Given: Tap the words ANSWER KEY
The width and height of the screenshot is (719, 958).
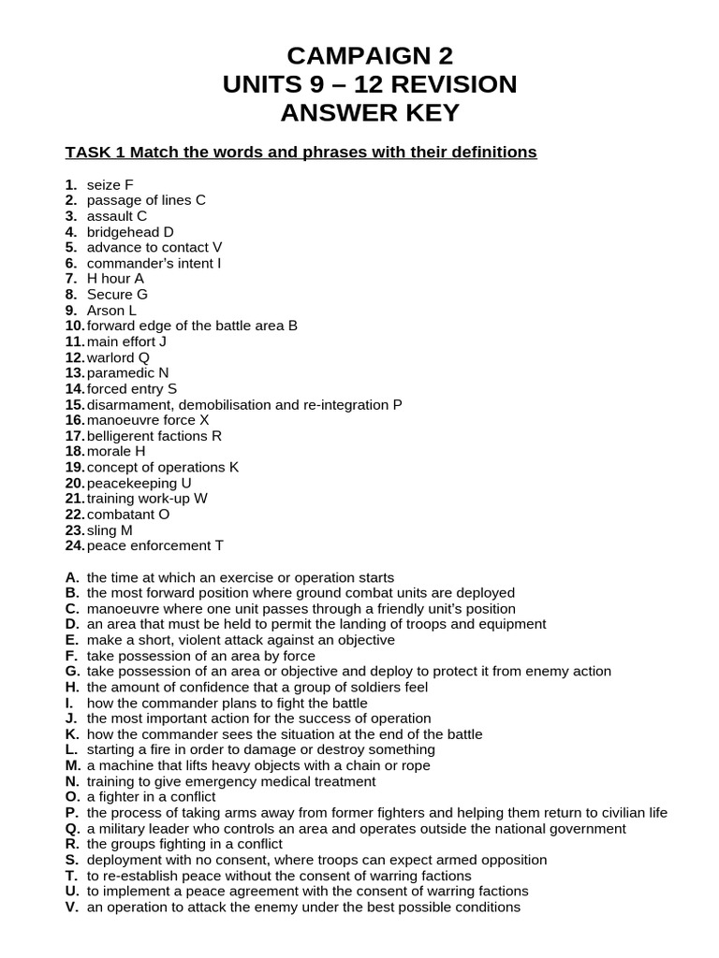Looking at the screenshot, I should pyautogui.click(x=371, y=113).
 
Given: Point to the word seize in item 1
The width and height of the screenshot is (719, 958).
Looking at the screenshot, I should pyautogui.click(x=104, y=184).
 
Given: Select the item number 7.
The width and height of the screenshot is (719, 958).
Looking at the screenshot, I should pyautogui.click(x=70, y=279).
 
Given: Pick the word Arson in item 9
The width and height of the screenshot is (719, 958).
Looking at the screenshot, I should pyautogui.click(x=106, y=310).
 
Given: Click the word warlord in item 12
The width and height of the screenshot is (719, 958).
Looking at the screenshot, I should pyautogui.click(x=111, y=357).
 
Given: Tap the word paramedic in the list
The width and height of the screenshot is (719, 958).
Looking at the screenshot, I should pyautogui.click(x=121, y=372).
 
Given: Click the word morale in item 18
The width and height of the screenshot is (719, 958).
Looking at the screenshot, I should pyautogui.click(x=110, y=451).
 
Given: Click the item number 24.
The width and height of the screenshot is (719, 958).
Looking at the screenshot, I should pyautogui.click(x=75, y=545).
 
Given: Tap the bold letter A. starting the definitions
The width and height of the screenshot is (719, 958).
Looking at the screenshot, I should pyautogui.click(x=72, y=577).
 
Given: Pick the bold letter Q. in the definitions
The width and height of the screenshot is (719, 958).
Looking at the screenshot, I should pyautogui.click(x=73, y=828).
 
